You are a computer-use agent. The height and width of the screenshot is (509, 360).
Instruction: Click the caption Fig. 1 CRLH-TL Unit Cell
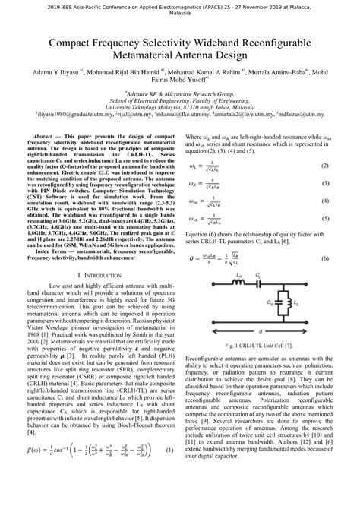[261, 346]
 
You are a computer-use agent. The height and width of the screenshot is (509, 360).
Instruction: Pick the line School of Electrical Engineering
[179, 100]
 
